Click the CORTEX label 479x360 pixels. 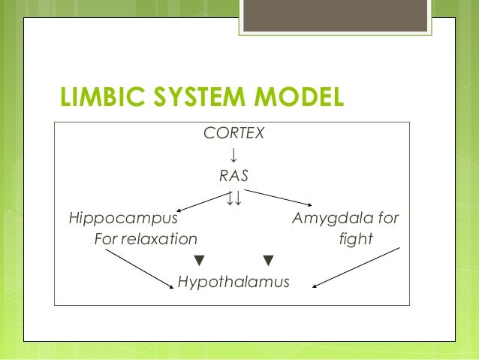233,134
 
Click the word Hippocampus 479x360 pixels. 123,219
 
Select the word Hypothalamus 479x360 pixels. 233,283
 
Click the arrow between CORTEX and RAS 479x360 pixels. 233,155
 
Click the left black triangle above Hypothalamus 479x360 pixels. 199,262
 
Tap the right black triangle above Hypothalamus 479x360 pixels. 268,262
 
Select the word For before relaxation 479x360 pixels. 104,240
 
